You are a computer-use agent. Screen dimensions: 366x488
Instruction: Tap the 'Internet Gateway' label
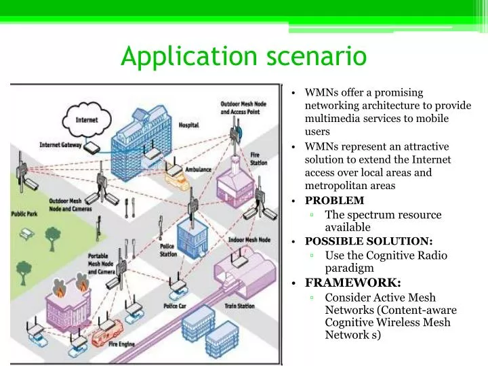[60, 145]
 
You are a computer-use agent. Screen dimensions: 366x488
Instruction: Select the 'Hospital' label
[189, 125]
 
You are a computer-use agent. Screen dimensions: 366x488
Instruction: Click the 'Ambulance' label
[198, 169]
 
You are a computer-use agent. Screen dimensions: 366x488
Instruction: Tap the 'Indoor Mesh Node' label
[249, 240]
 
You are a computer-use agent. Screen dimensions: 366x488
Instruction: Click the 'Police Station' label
[169, 251]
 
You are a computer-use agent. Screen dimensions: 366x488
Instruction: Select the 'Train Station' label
[239, 306]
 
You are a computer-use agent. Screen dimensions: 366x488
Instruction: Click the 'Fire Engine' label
[121, 344]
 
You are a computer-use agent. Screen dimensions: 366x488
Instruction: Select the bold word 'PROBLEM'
[335, 201]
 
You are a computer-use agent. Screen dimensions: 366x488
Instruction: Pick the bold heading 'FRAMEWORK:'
[353, 283]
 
